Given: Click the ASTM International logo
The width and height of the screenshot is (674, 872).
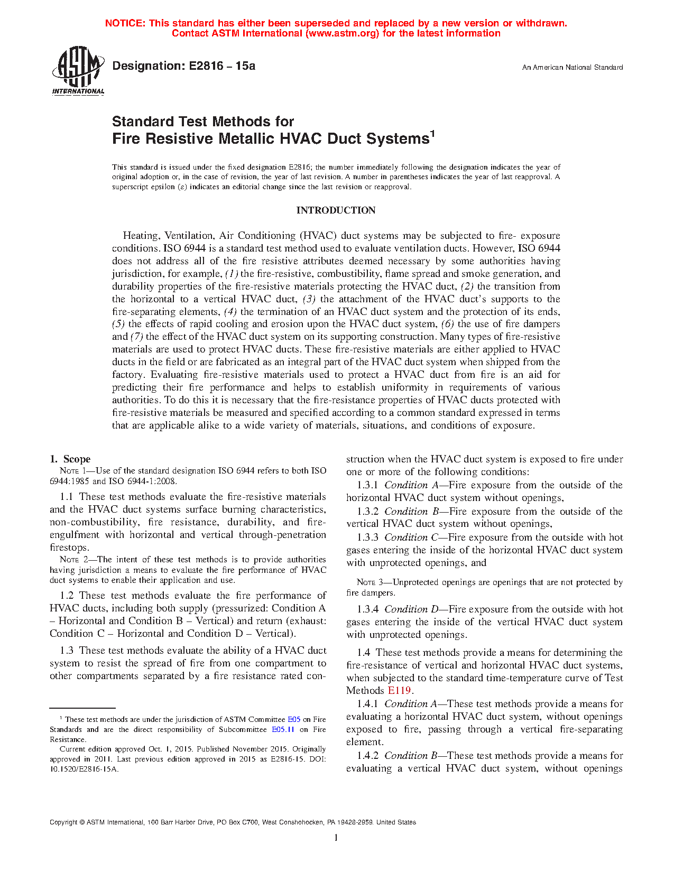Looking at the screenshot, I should click(x=78, y=70).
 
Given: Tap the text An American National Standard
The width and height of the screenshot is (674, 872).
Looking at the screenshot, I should click(x=572, y=68).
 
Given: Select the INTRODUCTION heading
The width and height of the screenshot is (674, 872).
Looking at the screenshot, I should click(x=336, y=210).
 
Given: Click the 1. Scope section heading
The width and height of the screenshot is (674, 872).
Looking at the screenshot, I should click(x=70, y=459).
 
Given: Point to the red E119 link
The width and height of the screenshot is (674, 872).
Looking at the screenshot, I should click(x=399, y=691).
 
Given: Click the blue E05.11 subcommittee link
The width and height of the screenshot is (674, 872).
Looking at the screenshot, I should click(x=283, y=730).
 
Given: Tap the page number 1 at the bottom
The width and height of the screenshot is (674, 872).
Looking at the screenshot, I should click(x=336, y=838).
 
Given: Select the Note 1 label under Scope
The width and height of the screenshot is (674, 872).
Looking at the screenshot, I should click(x=69, y=471).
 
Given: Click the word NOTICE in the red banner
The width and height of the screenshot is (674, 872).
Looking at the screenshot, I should click(x=125, y=23).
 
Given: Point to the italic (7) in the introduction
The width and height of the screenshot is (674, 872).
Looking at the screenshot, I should click(x=137, y=337).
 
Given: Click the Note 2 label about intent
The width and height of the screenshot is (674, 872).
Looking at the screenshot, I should click(x=69, y=560).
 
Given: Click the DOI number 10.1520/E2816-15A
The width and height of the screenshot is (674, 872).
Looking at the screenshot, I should click(x=85, y=769).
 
